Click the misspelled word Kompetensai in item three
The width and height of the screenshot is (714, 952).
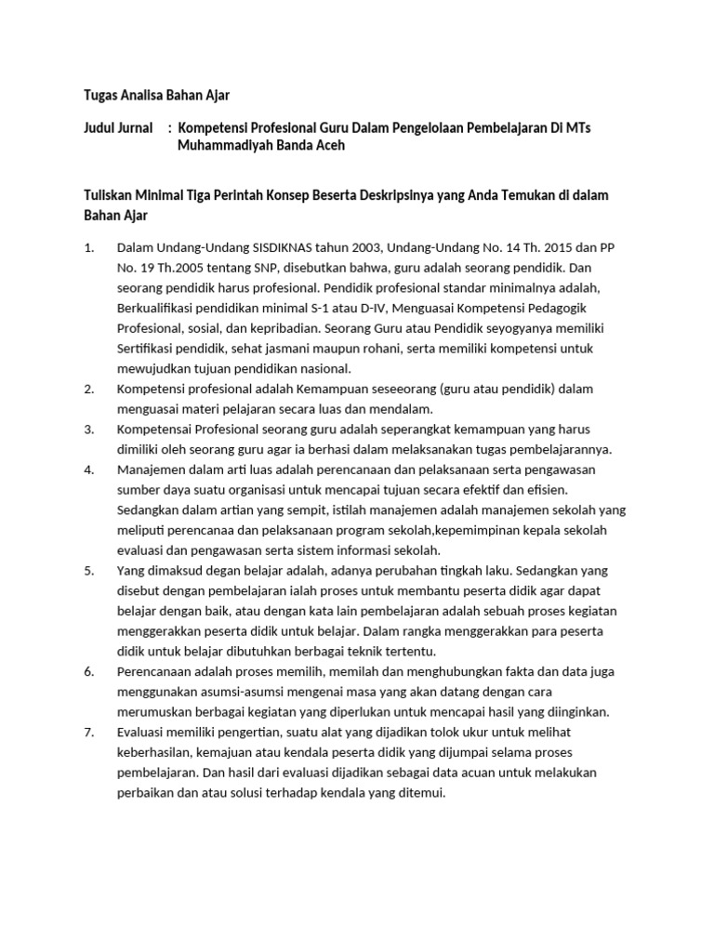156,429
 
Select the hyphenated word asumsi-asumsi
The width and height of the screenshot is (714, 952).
246,692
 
